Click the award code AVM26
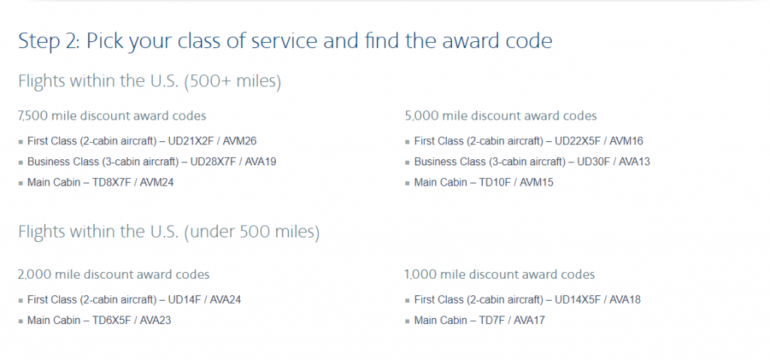coord(240,141)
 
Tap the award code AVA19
coord(259,162)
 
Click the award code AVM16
coord(626,141)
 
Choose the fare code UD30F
coord(593,162)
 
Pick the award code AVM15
coord(537,182)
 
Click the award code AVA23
coord(156,320)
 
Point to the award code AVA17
coord(529,320)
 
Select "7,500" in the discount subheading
coord(32,116)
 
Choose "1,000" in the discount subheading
coord(420,274)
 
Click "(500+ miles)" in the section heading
coord(232,81)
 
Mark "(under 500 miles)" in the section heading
coord(252,231)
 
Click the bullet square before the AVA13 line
coord(407,162)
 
